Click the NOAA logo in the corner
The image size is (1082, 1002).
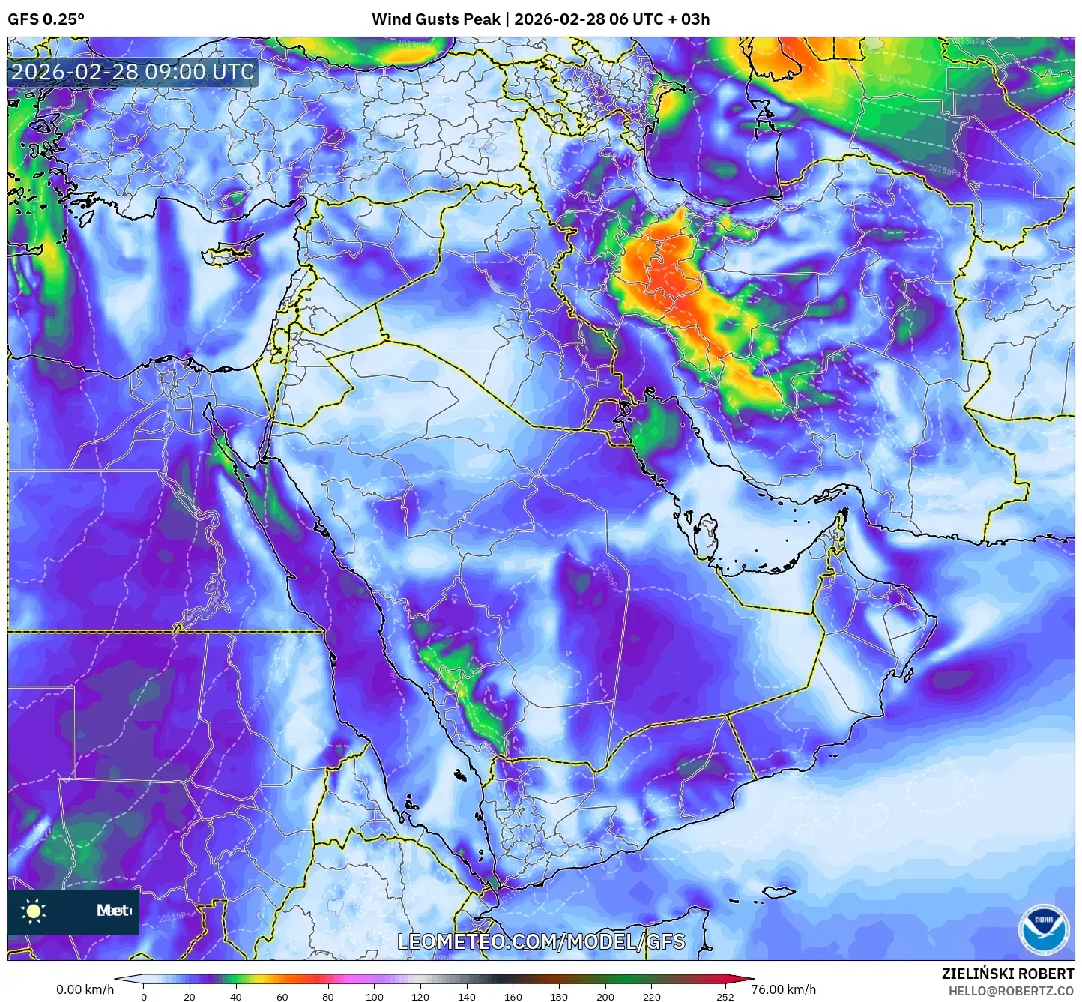click(x=1045, y=929)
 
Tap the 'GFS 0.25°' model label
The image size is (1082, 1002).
click(x=46, y=19)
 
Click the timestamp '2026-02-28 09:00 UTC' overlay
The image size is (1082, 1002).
click(x=133, y=72)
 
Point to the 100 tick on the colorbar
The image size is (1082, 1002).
click(x=375, y=996)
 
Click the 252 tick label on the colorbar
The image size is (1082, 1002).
click(x=725, y=996)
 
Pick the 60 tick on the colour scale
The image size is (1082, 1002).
click(x=282, y=996)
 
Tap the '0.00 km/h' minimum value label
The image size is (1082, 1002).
click(x=85, y=989)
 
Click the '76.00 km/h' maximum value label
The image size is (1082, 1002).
click(x=784, y=989)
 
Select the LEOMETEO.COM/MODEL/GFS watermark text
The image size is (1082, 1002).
click(x=541, y=941)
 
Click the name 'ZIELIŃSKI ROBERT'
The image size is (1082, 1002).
click(x=1007, y=974)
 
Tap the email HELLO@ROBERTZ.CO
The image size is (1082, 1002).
click(x=1011, y=991)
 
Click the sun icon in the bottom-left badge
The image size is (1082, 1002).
click(x=34, y=911)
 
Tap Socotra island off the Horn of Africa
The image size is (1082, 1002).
click(x=779, y=892)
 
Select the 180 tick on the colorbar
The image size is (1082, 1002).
click(x=559, y=996)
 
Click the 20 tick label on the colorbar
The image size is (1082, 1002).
click(x=190, y=996)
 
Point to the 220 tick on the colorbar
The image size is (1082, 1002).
click(x=652, y=996)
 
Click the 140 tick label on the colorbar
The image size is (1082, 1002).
click(x=467, y=996)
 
